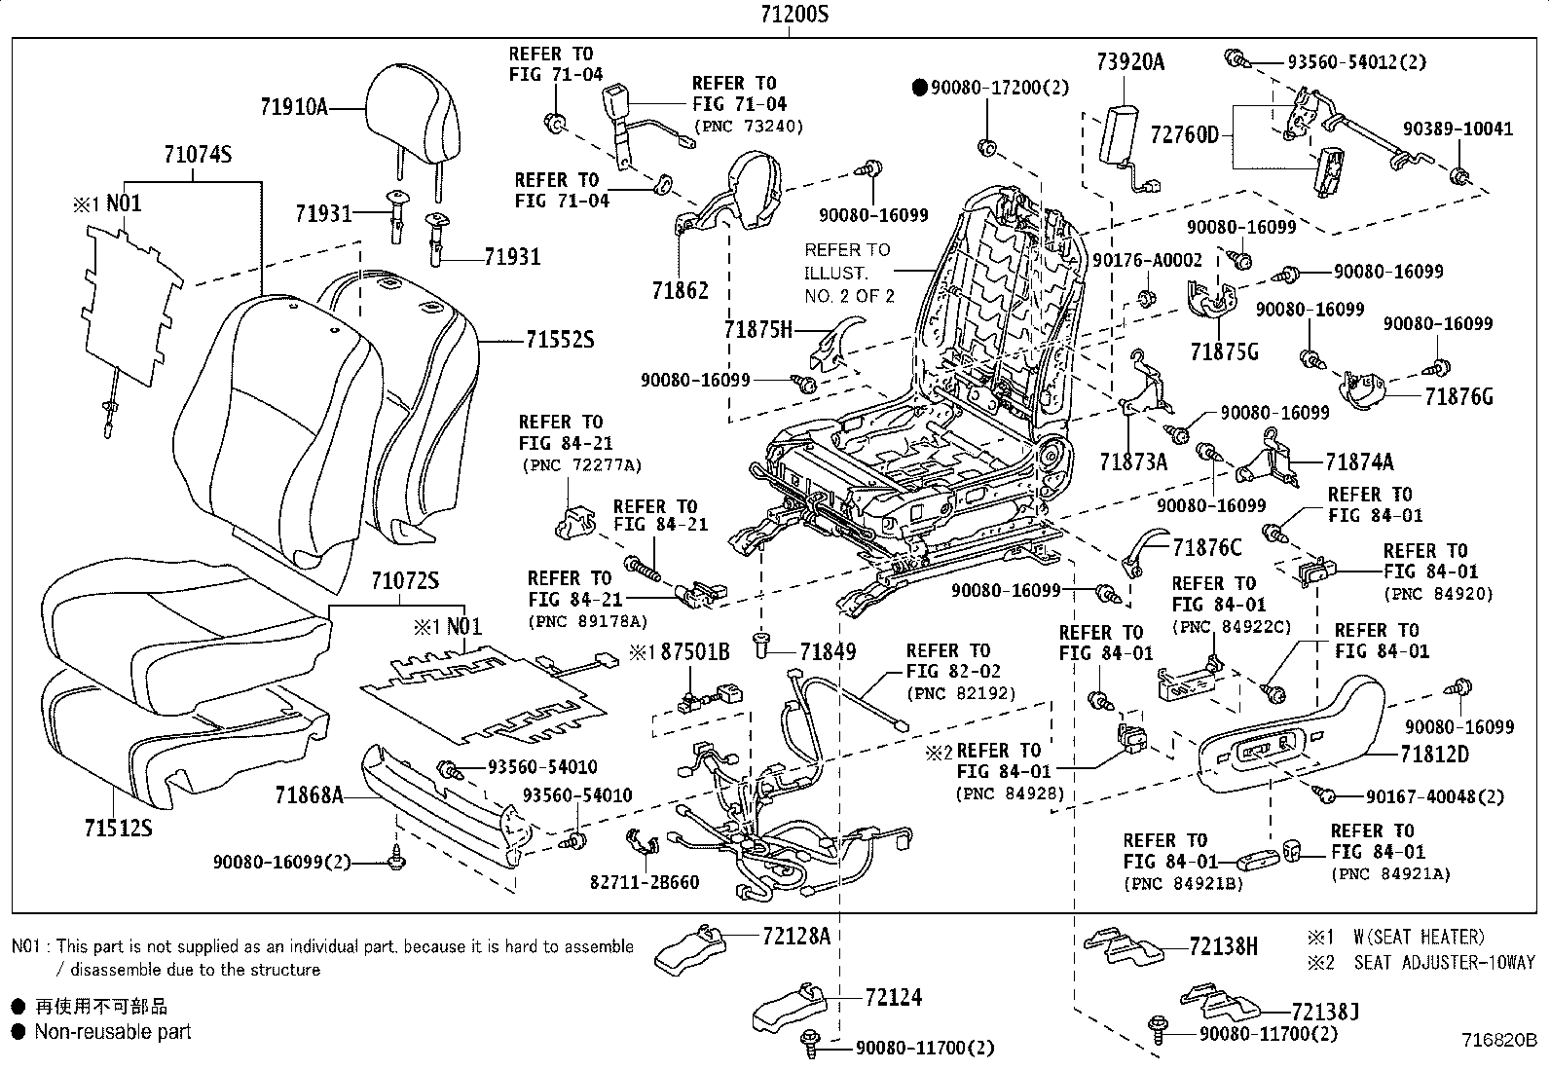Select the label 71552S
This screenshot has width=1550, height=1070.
(x=559, y=340)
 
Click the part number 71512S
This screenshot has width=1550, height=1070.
(x=118, y=828)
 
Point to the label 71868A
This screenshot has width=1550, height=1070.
(x=309, y=796)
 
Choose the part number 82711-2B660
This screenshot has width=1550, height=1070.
(x=644, y=882)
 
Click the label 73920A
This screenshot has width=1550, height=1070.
(x=1129, y=62)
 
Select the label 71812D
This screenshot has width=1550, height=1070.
(x=1434, y=754)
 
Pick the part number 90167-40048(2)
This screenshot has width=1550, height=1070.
(x=1434, y=796)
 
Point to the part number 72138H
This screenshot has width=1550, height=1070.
(x=1223, y=945)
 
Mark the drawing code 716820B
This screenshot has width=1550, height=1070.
(x=1496, y=1040)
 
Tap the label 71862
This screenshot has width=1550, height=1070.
(x=681, y=290)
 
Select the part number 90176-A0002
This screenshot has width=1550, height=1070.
(x=1147, y=260)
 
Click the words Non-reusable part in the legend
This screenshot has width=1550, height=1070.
(x=113, y=1031)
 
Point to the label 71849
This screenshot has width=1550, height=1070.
(x=828, y=650)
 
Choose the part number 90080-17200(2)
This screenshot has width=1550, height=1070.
(x=1000, y=88)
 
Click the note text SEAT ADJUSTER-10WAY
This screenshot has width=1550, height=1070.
(x=1444, y=962)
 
